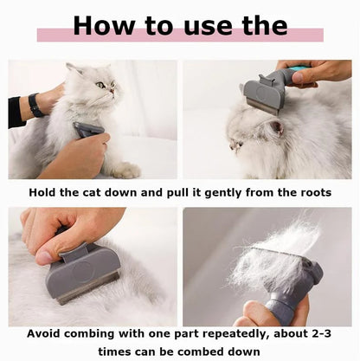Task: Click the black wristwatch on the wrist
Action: coord(35,106)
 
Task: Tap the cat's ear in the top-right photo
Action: coord(274,127)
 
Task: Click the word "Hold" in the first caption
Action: coord(45,191)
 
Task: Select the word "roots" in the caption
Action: coord(310,191)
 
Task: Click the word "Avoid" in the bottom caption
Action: coord(47,332)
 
